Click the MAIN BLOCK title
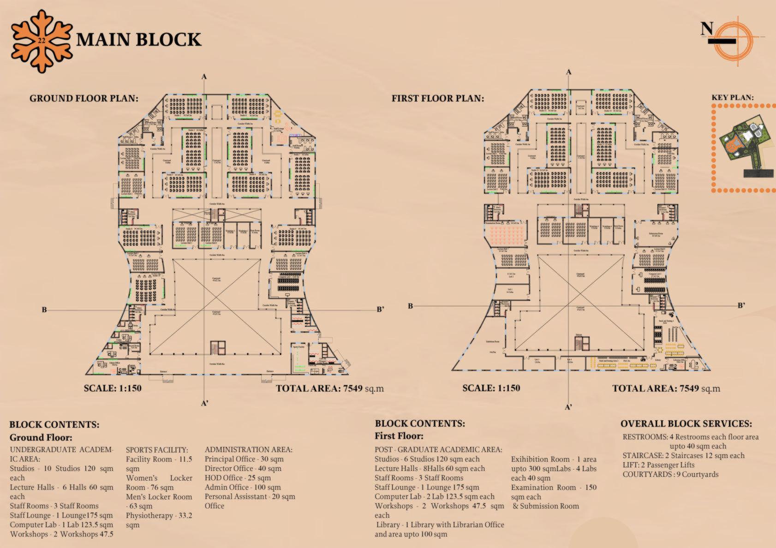coord(138,40)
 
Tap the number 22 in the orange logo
coord(42,40)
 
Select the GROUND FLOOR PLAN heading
coord(84,98)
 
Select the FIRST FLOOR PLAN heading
coord(438,98)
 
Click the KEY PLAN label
coord(732,97)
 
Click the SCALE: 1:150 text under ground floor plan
coord(113,388)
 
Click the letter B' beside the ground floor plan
coord(380,309)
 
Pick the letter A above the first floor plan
coord(568,72)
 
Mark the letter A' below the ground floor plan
coord(205,404)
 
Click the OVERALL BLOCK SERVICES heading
coord(686,423)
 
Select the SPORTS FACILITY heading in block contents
coord(157,450)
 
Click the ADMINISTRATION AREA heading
coord(249,450)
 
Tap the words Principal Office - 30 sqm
coord(244,459)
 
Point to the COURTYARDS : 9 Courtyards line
coord(670,474)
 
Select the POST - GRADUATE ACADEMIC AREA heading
coord(438,450)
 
